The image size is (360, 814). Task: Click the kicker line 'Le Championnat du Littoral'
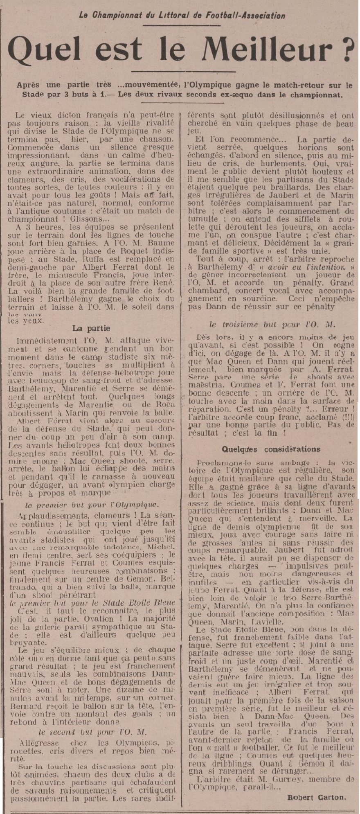[182, 16]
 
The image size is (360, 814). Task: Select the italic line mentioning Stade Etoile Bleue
[92, 603]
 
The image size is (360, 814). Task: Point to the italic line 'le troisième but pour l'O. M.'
[272, 325]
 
